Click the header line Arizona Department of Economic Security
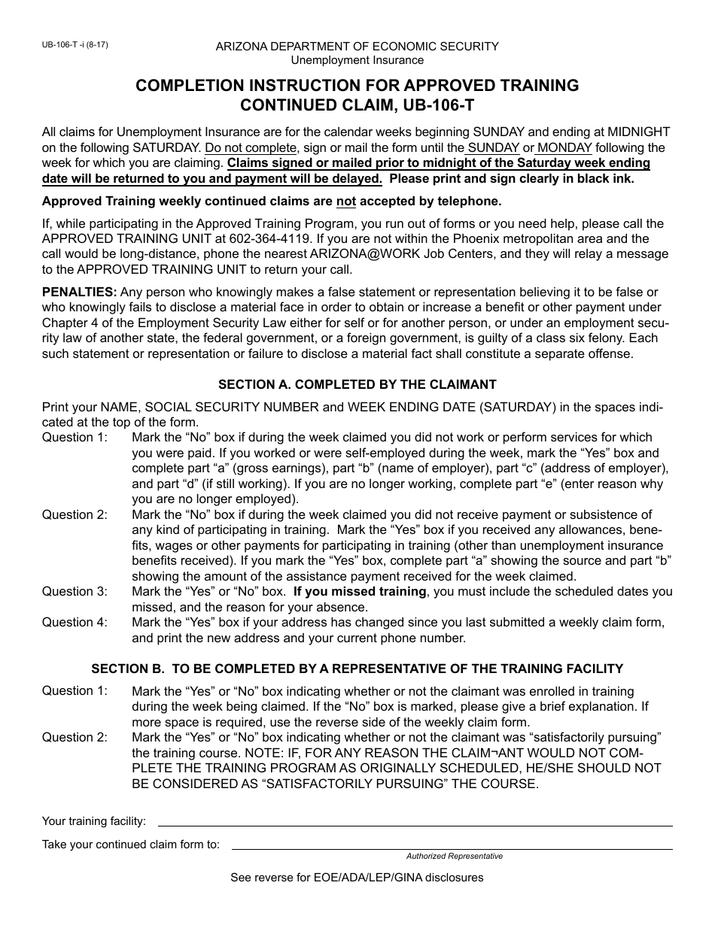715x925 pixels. tap(357, 47)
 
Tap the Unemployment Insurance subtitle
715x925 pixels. tap(357, 60)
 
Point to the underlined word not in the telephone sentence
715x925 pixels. tap(345, 201)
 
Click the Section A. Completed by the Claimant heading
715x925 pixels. tap(357, 384)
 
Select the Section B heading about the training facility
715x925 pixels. tap(357, 669)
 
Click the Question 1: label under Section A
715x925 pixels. tap(75, 437)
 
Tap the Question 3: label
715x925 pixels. tap(75, 591)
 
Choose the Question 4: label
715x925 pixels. tap(75, 622)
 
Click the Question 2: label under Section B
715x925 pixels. tap(75, 737)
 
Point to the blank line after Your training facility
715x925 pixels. tap(414, 825)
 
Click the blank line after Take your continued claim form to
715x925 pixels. tap(452, 848)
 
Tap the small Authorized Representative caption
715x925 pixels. tap(454, 857)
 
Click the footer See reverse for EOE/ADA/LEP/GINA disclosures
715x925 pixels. tap(357, 878)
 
